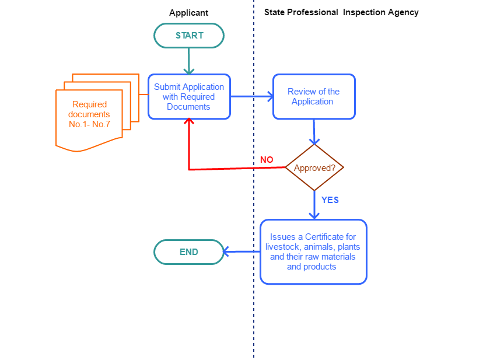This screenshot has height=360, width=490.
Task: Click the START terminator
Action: [189, 36]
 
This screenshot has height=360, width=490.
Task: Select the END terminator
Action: [189, 252]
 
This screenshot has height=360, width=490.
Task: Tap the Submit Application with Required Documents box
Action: [189, 97]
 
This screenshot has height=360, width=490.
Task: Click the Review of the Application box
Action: [314, 97]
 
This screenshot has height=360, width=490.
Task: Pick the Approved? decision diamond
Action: [314, 168]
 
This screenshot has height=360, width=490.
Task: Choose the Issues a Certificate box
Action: [313, 252]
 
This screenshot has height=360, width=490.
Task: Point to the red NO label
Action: [267, 160]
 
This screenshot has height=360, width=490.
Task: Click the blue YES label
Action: [330, 200]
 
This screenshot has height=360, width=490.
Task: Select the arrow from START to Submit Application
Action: [189, 61]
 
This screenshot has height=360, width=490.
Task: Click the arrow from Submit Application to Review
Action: [251, 97]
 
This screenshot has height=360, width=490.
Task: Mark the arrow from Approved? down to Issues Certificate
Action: [314, 205]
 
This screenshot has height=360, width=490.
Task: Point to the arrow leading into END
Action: [242, 252]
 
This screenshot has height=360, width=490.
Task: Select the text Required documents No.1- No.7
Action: [89, 114]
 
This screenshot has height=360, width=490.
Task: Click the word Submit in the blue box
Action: [167, 87]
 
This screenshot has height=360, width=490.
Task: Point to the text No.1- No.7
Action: [89, 124]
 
